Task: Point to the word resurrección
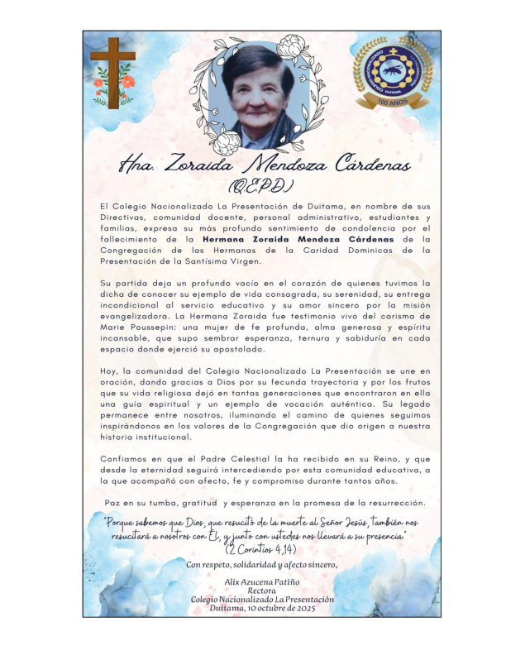click(x=387, y=503)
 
